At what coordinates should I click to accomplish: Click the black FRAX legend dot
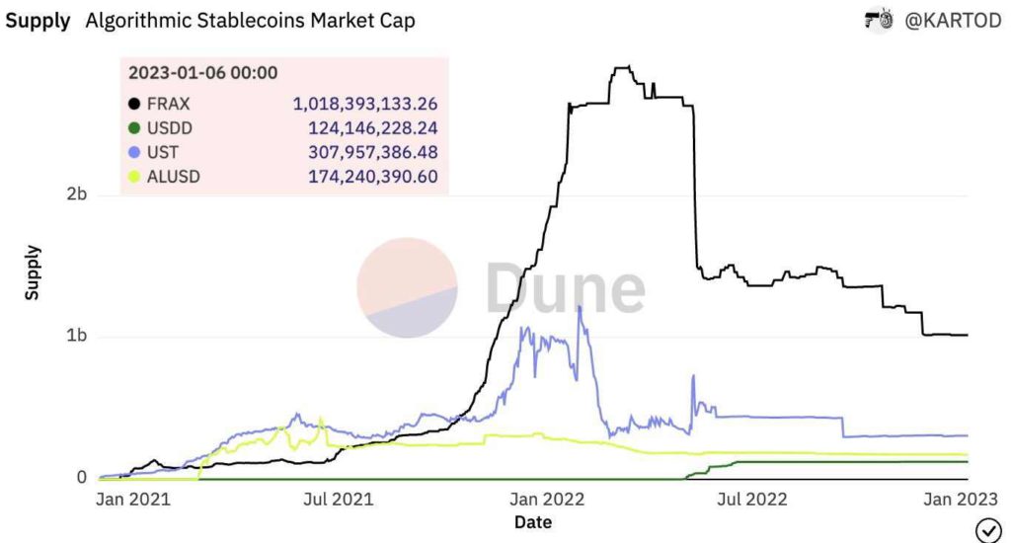coord(133,103)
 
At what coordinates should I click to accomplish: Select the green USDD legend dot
coord(133,128)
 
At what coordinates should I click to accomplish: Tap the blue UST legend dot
coord(133,153)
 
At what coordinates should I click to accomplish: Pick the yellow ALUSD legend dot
coord(133,179)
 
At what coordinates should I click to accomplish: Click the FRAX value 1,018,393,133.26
coord(365,103)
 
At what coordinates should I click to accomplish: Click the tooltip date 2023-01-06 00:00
coord(202,72)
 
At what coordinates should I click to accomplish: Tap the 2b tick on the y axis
coord(76,194)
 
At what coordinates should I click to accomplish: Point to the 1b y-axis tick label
coord(76,337)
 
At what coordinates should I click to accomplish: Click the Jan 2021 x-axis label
coord(133,499)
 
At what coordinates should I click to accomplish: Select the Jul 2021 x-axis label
coord(339,499)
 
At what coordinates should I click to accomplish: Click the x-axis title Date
coord(532,522)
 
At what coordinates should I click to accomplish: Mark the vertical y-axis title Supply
coord(33,273)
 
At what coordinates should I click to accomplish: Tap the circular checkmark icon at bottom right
coord(987,529)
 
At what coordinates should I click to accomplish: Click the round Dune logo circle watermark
coord(407,287)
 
